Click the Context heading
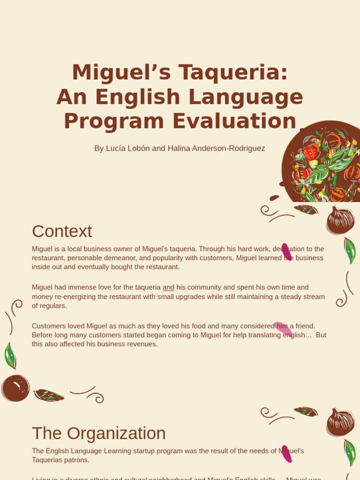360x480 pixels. point(62,231)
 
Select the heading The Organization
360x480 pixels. point(98,433)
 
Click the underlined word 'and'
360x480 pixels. point(168,287)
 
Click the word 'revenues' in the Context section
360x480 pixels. point(142,344)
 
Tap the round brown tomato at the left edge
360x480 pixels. point(15,388)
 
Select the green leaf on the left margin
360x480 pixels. point(10,355)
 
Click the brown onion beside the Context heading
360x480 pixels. point(340,220)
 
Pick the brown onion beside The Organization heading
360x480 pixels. point(340,422)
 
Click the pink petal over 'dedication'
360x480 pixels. point(286,252)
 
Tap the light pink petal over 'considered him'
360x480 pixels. point(283,329)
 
